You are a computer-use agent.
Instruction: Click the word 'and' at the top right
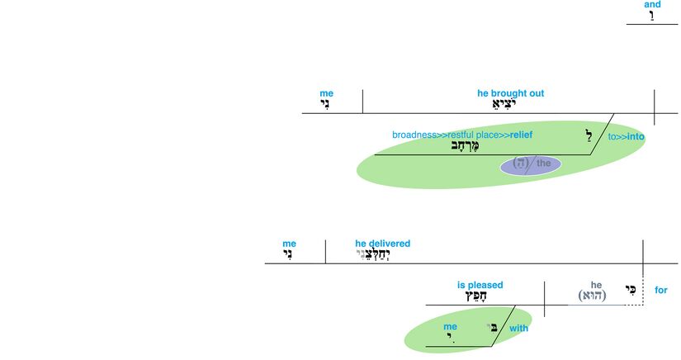click(652, 5)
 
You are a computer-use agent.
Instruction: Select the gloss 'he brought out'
click(510, 93)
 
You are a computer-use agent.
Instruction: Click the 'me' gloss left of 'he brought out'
click(326, 93)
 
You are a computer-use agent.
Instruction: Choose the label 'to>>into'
click(626, 137)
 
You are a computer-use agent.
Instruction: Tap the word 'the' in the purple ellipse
click(543, 163)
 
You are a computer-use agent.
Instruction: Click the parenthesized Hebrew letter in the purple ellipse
click(520, 163)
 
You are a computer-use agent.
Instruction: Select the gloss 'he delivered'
click(382, 244)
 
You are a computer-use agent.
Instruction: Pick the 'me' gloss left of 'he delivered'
click(289, 244)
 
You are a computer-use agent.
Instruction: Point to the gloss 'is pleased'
click(480, 285)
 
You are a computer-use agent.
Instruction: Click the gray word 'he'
click(596, 285)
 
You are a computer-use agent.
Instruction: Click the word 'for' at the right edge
click(661, 290)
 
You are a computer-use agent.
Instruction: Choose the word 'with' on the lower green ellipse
click(518, 328)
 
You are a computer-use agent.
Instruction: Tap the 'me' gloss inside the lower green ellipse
click(450, 326)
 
